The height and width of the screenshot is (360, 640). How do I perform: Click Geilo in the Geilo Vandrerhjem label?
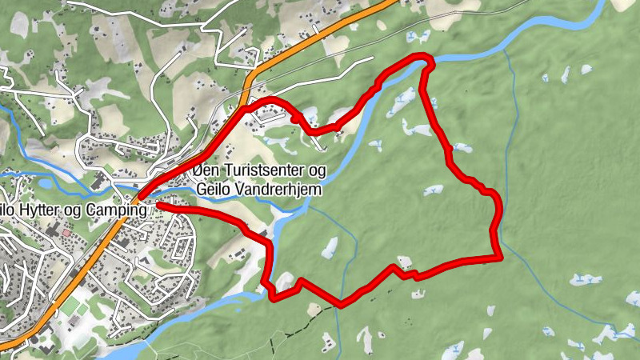coord(212,190)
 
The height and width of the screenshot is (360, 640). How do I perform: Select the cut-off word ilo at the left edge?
coord(8,210)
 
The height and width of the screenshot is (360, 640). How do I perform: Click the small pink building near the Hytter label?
coord(66,232)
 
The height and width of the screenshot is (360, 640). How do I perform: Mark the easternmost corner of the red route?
coord(500,257)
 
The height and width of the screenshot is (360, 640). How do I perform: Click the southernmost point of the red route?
coord(341,304)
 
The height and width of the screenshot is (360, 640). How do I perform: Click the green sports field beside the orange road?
coord(70,306)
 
